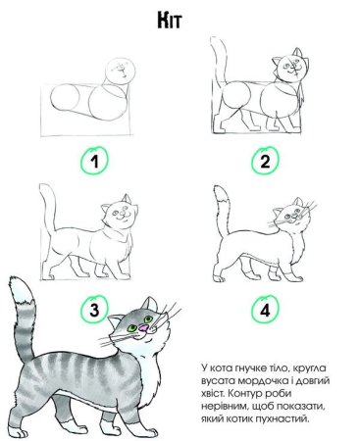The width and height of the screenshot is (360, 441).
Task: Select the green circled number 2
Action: point(263,161)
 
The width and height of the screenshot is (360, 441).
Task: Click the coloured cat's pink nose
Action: point(145,332)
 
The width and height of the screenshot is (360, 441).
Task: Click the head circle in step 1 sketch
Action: point(122,71)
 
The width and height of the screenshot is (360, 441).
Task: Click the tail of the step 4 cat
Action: point(223,211)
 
